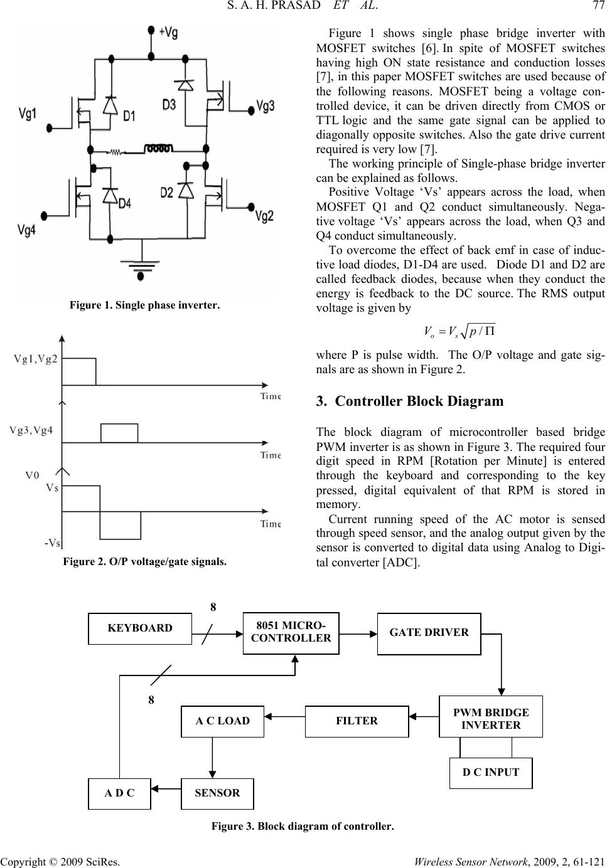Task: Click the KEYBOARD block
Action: (139, 628)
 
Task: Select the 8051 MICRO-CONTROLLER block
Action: (291, 633)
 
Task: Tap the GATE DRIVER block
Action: (429, 634)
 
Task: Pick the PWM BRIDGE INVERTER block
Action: (491, 716)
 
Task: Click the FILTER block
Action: (357, 721)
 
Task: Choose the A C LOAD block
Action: (222, 721)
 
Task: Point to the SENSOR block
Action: (217, 793)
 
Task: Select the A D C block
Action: (119, 793)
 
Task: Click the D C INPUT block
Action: (491, 773)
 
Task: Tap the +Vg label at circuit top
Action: (168, 32)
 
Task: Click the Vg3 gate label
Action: (266, 106)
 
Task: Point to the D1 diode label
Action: (129, 115)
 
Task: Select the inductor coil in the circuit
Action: (158, 148)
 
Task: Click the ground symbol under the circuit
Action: (141, 265)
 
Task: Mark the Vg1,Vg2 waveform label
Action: (36, 359)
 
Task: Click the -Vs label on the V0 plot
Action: (52, 543)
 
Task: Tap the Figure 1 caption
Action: (144, 305)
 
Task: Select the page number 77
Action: (598, 6)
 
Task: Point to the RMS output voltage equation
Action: (459, 331)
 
